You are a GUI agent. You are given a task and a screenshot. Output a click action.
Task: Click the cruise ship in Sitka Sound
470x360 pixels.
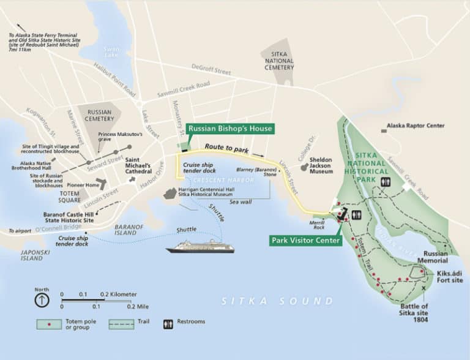click(200, 247)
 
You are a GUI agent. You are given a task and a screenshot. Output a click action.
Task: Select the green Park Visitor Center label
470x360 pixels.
click(305, 241)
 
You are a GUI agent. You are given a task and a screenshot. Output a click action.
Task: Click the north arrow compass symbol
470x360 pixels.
click(41, 300)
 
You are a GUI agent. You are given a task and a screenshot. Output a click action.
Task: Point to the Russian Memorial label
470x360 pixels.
click(435, 256)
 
